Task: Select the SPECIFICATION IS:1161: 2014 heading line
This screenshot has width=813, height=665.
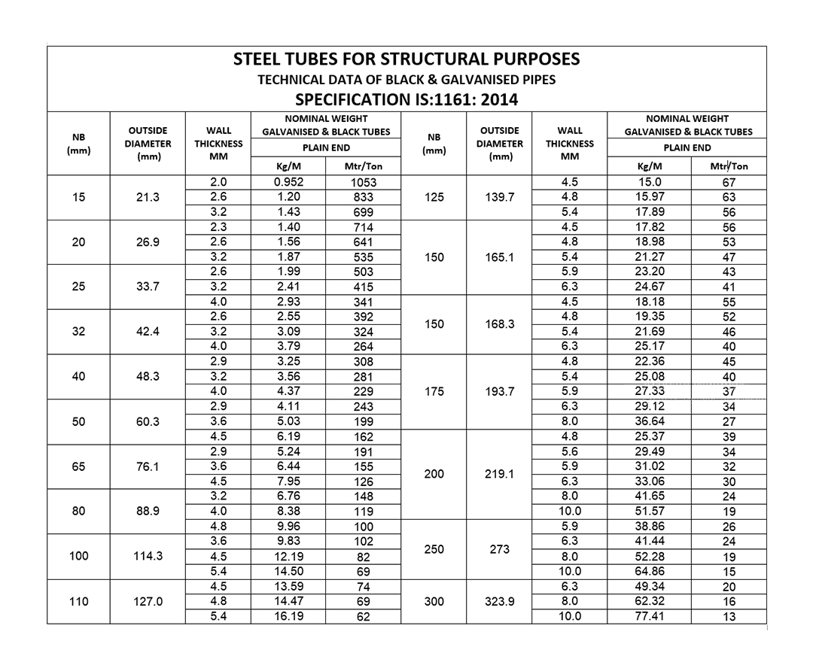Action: tap(406, 99)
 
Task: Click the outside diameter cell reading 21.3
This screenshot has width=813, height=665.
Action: tap(148, 197)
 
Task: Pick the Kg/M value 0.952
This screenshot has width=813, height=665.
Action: tap(288, 182)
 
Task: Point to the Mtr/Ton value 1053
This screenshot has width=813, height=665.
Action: tap(364, 183)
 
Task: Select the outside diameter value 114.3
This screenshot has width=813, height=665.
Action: tap(148, 556)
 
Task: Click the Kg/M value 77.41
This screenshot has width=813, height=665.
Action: tap(649, 616)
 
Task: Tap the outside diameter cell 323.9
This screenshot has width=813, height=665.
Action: tap(500, 601)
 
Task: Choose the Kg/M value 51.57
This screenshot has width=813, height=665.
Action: tap(649, 512)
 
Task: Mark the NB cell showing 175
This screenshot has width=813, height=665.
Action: tap(434, 391)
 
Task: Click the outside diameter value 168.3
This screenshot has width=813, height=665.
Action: tap(500, 324)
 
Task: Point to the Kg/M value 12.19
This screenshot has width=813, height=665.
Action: tap(288, 557)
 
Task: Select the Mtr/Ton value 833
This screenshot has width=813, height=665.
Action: tap(364, 197)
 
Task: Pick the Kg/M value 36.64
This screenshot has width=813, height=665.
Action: tap(649, 421)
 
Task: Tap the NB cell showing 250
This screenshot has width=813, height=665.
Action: tap(434, 549)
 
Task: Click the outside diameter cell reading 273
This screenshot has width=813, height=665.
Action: tap(500, 549)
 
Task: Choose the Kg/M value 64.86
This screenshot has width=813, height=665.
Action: tap(649, 571)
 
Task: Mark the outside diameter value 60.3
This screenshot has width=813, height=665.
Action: tap(148, 421)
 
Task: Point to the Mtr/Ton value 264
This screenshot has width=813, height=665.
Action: tap(364, 347)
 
